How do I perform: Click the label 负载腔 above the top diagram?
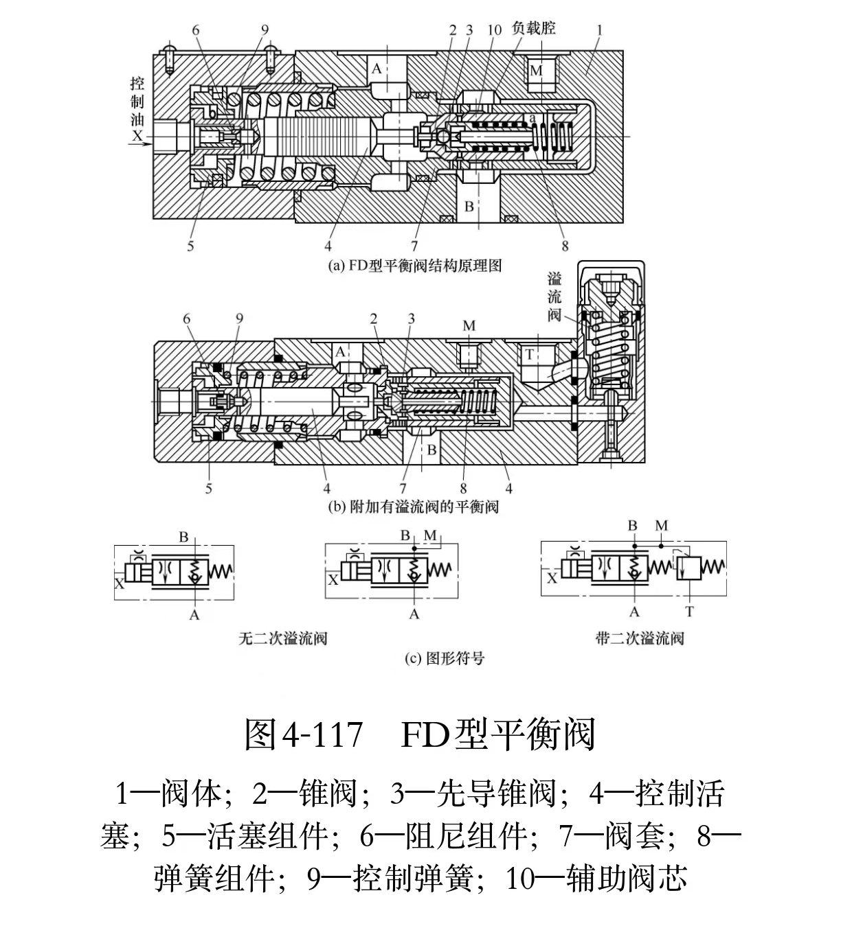click(533, 28)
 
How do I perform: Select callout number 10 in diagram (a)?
click(494, 30)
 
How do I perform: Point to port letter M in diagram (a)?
click(536, 71)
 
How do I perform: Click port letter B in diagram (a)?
click(469, 206)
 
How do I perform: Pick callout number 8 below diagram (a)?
click(565, 245)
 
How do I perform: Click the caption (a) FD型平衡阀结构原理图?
click(415, 265)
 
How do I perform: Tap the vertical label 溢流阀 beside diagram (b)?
click(554, 297)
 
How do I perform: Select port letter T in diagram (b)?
click(529, 354)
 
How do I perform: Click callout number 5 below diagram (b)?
click(209, 488)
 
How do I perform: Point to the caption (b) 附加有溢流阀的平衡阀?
click(414, 507)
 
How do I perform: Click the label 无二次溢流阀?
click(282, 638)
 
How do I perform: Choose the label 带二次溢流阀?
click(640, 638)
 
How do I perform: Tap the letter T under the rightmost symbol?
click(689, 611)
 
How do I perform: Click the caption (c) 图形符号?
click(444, 659)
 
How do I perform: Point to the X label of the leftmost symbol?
click(120, 583)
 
